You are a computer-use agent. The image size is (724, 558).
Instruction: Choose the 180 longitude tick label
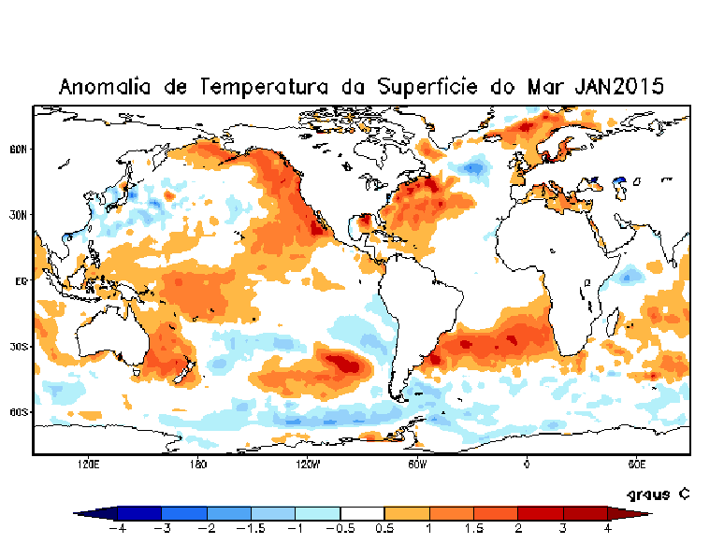197,463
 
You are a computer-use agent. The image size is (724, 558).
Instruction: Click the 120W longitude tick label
308,463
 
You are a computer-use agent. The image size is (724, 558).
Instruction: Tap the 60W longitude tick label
417,463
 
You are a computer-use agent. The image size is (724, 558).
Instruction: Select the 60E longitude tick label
636,463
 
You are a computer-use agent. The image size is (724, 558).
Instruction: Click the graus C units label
658,494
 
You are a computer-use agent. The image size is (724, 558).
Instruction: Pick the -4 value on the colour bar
117,529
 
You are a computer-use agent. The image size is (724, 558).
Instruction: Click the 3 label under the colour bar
563,529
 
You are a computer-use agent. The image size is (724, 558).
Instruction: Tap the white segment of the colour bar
362,513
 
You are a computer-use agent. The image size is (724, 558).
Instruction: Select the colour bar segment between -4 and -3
139,513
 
